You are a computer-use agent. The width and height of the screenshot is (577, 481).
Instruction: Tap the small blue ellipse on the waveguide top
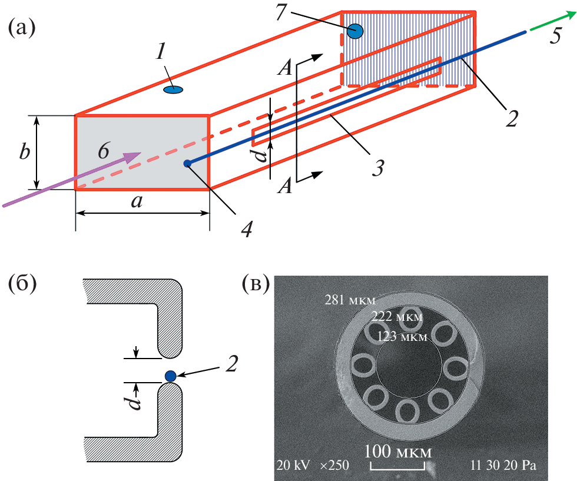click(x=173, y=90)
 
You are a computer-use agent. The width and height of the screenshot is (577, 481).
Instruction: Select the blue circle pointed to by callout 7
click(x=355, y=31)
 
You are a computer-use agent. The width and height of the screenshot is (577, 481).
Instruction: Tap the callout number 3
click(x=377, y=167)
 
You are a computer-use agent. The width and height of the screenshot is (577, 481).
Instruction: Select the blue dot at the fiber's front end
click(x=187, y=163)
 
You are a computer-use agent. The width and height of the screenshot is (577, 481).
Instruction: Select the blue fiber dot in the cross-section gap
click(x=171, y=376)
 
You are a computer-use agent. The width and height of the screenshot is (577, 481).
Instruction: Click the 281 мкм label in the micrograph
click(x=350, y=300)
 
